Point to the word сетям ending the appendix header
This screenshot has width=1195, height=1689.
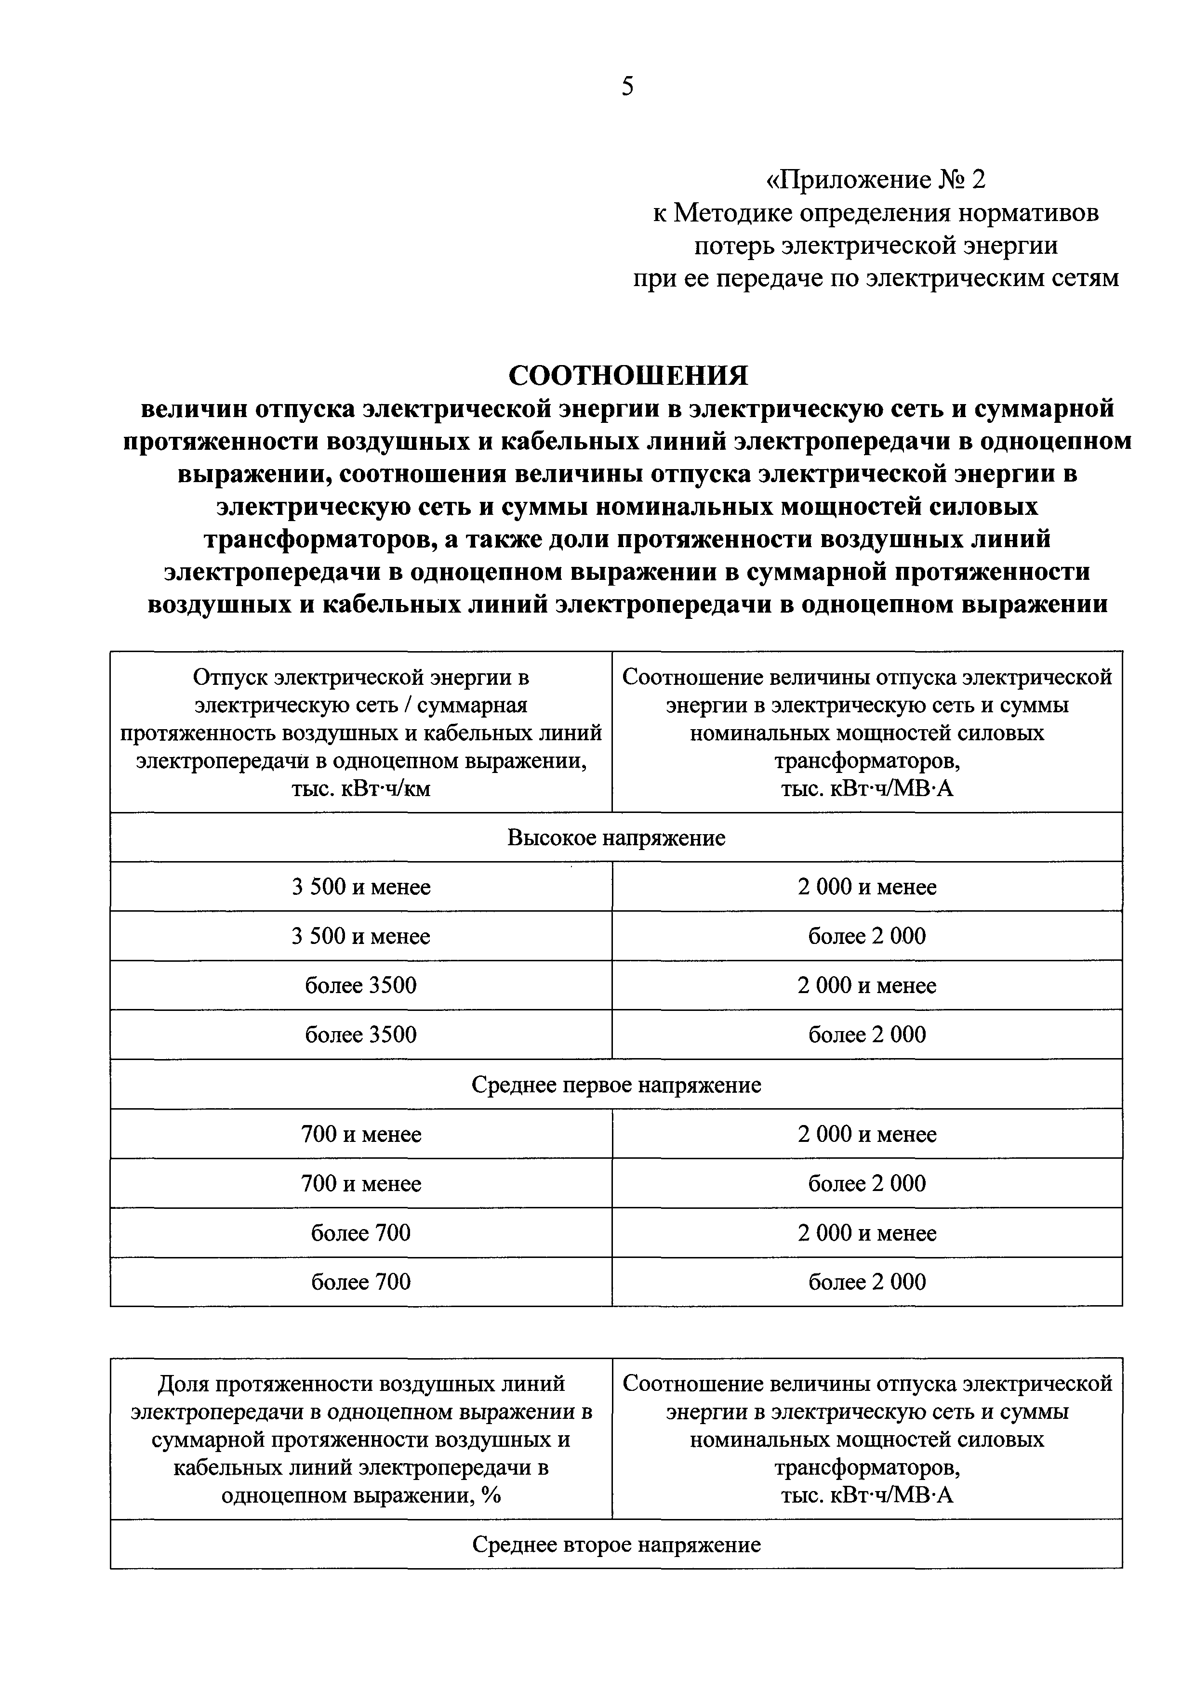click(1081, 278)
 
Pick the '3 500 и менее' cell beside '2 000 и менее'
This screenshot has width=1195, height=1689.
click(360, 887)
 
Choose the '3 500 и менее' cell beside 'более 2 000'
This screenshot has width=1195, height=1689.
click(360, 936)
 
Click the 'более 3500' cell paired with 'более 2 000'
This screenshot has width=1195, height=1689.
click(360, 1034)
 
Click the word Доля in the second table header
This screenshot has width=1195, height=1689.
click(181, 1384)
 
